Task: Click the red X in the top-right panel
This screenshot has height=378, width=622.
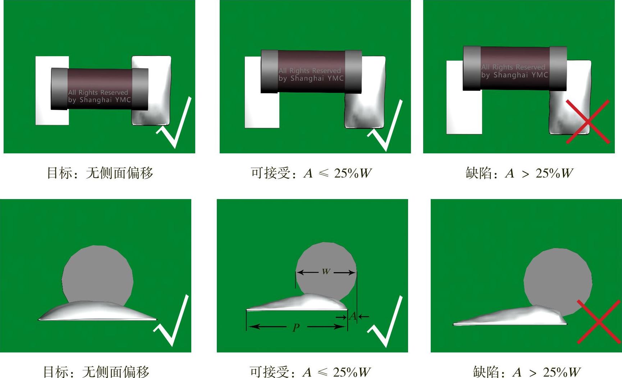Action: click(x=588, y=122)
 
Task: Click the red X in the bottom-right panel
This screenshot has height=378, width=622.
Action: click(x=599, y=321)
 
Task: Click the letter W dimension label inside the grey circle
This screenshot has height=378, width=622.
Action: click(x=326, y=271)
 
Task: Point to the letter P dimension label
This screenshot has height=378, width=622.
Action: click(x=296, y=328)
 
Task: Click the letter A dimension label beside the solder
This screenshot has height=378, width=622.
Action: click(x=353, y=316)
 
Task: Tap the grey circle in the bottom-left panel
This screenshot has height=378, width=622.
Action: click(x=97, y=275)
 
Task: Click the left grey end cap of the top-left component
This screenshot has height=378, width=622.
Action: click(x=59, y=89)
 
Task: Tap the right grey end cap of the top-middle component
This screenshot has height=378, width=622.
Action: click(x=353, y=72)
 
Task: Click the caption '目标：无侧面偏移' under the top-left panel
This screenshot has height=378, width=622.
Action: click(x=100, y=173)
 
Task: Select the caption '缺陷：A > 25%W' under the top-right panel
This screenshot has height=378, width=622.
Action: click(x=519, y=173)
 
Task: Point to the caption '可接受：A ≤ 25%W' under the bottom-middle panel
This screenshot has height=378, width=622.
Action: click(x=310, y=372)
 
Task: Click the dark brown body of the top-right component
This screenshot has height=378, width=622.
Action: click(x=515, y=68)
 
